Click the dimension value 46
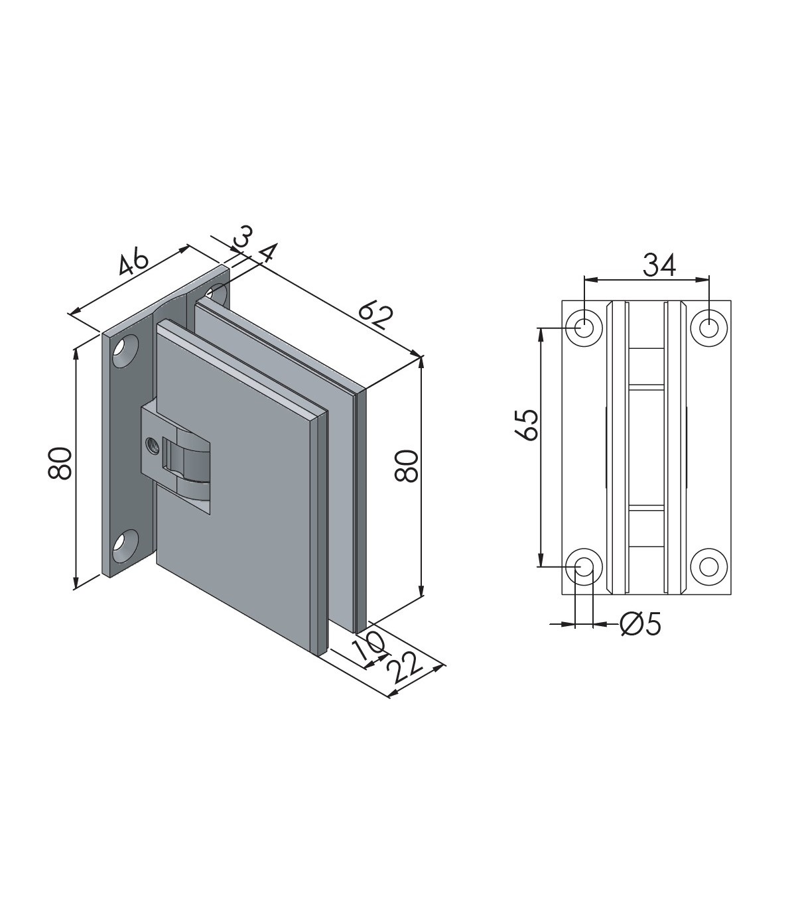133,263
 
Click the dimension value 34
659,265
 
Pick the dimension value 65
529,425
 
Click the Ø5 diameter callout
640,624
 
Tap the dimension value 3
243,237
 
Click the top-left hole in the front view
584,327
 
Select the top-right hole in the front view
709,327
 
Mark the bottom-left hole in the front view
584,566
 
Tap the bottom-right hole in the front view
709,566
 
